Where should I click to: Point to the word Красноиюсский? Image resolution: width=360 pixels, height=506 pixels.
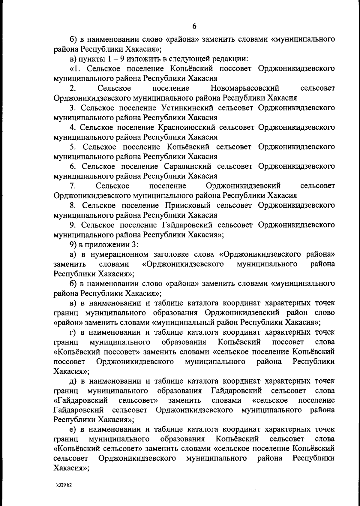(x=186, y=127)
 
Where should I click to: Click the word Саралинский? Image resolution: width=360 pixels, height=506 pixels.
(x=188, y=166)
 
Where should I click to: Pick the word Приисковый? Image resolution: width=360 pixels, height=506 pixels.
(x=187, y=205)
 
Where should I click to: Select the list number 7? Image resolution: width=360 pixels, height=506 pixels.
(x=72, y=186)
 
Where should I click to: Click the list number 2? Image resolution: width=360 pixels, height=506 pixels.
(x=72, y=88)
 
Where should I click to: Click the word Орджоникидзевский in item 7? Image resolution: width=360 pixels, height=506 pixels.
(x=243, y=186)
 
